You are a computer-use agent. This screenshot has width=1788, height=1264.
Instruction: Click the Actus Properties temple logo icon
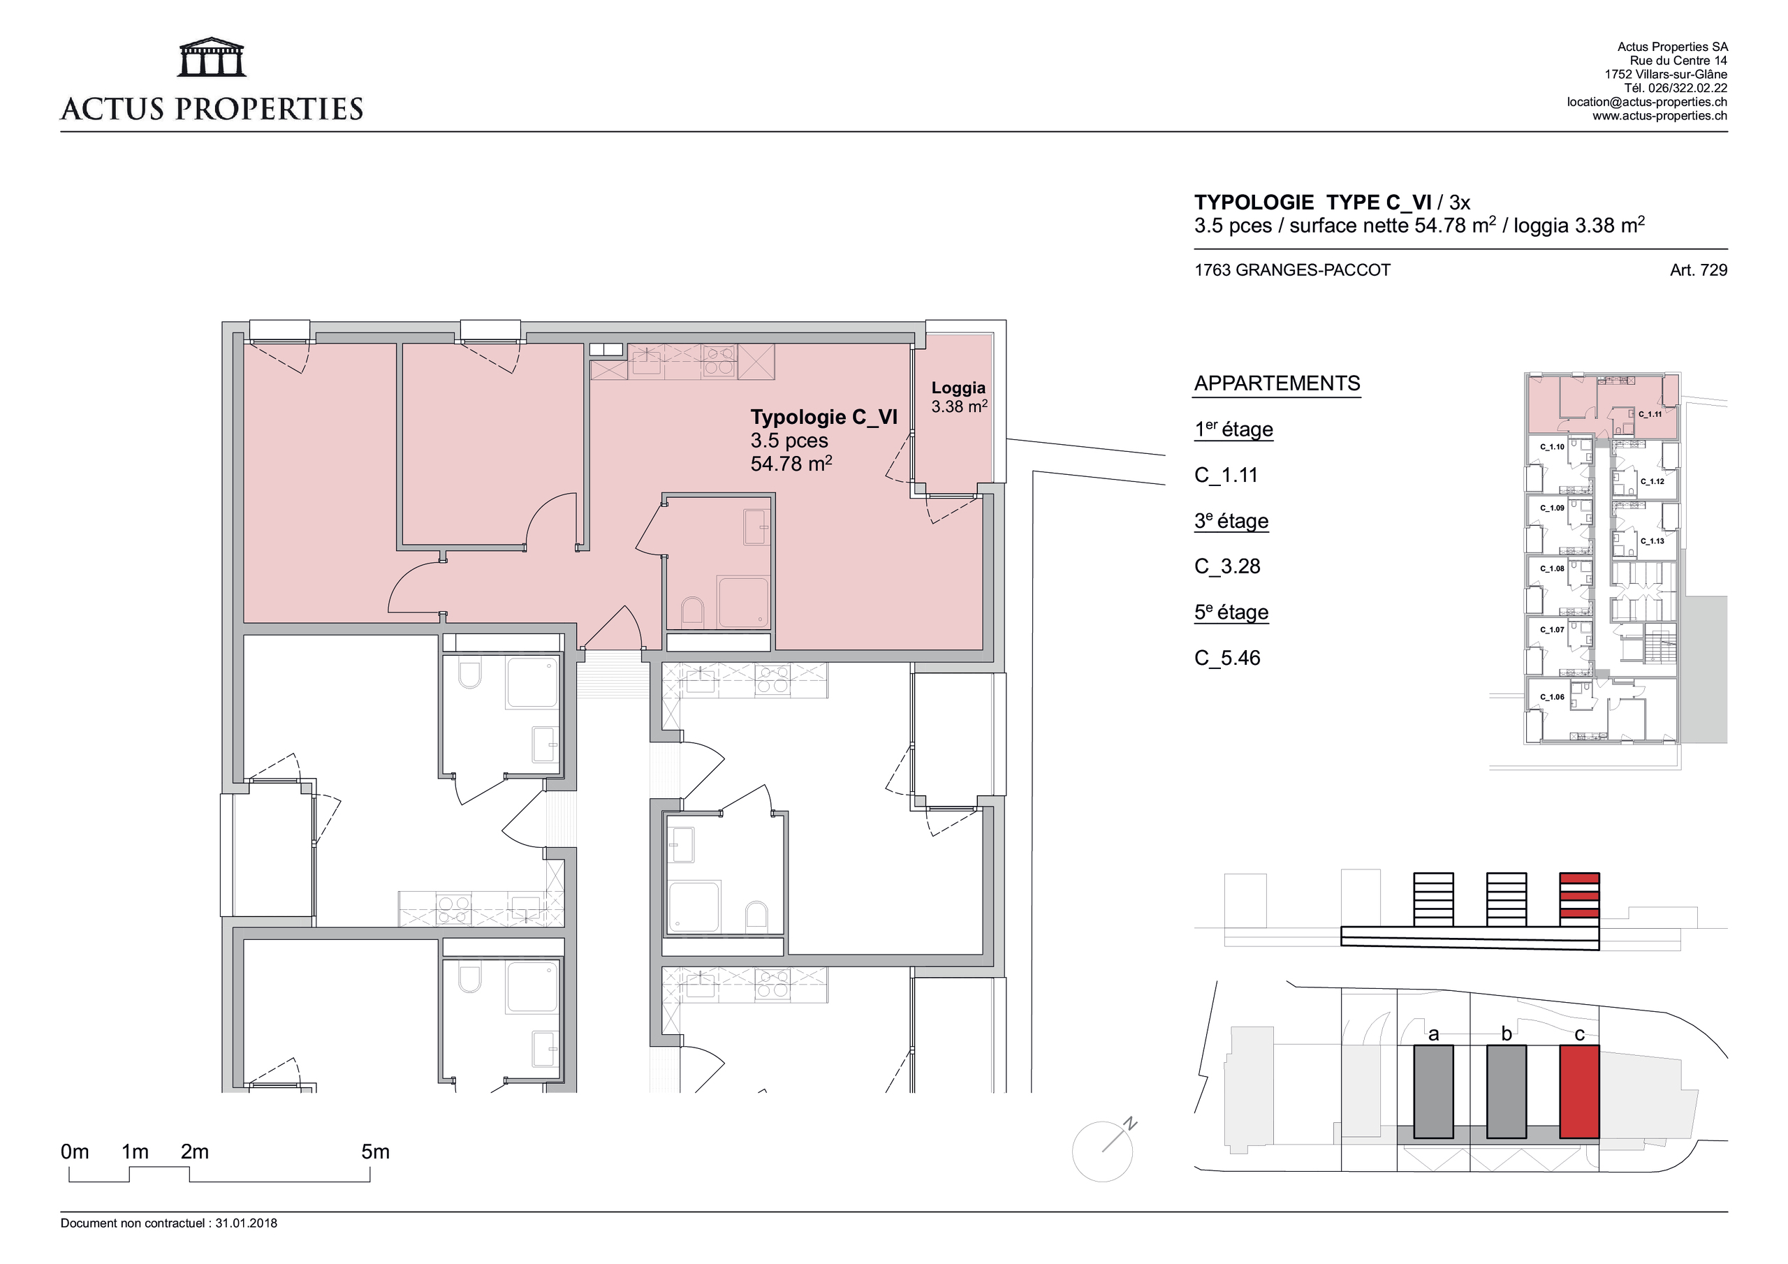pos(212,58)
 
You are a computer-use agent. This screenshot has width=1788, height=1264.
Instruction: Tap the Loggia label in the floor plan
pos(958,388)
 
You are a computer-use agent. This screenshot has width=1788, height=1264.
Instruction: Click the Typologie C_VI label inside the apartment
pos(823,418)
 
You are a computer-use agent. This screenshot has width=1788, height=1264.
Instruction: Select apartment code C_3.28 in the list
pos(1226,566)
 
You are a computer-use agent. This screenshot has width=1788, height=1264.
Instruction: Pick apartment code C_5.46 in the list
pos(1226,658)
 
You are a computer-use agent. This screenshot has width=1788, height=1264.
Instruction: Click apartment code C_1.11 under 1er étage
pos(1226,475)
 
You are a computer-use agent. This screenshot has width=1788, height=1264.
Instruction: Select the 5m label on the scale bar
pos(374,1152)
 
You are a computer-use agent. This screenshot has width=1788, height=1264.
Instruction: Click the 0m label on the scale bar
pos(75,1152)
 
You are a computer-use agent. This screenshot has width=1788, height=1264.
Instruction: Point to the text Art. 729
pos(1698,270)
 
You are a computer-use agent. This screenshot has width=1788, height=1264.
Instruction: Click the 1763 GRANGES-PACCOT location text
pos(1292,270)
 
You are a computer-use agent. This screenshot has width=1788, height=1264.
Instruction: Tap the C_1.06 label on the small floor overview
pos(1551,697)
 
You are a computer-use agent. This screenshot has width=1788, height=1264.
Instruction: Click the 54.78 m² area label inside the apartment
pos(791,464)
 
